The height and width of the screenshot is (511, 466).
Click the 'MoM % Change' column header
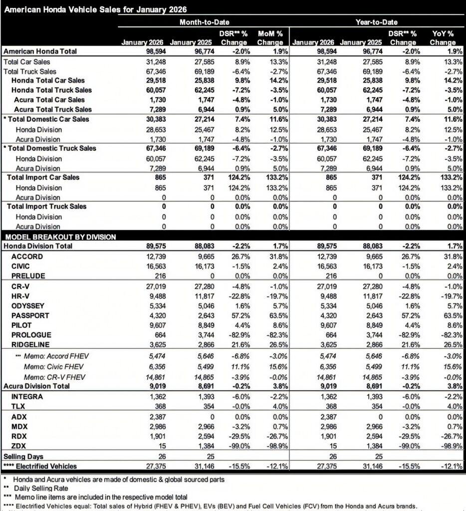[x=270, y=38]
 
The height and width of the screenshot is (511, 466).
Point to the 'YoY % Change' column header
[x=443, y=38]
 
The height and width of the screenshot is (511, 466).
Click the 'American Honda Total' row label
[x=39, y=51]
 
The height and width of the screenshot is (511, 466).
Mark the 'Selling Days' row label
[x=23, y=456]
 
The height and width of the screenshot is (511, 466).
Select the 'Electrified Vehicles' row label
[x=47, y=466]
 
